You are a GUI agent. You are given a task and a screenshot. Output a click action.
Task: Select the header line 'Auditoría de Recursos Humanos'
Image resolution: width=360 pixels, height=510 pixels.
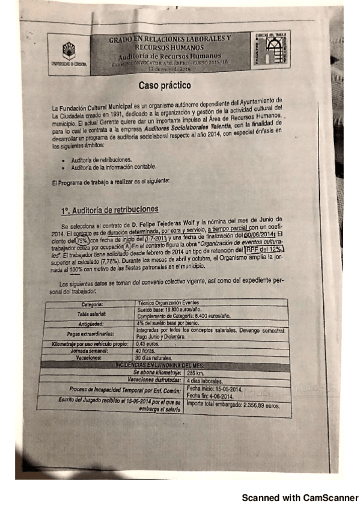[169, 55]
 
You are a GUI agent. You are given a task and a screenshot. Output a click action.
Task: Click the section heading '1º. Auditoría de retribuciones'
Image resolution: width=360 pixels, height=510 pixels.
[109, 209]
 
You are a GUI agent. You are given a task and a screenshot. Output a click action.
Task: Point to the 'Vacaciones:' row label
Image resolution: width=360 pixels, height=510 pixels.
[99, 357]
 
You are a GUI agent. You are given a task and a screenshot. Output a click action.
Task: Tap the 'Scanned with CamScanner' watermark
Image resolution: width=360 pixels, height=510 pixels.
[299, 498]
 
